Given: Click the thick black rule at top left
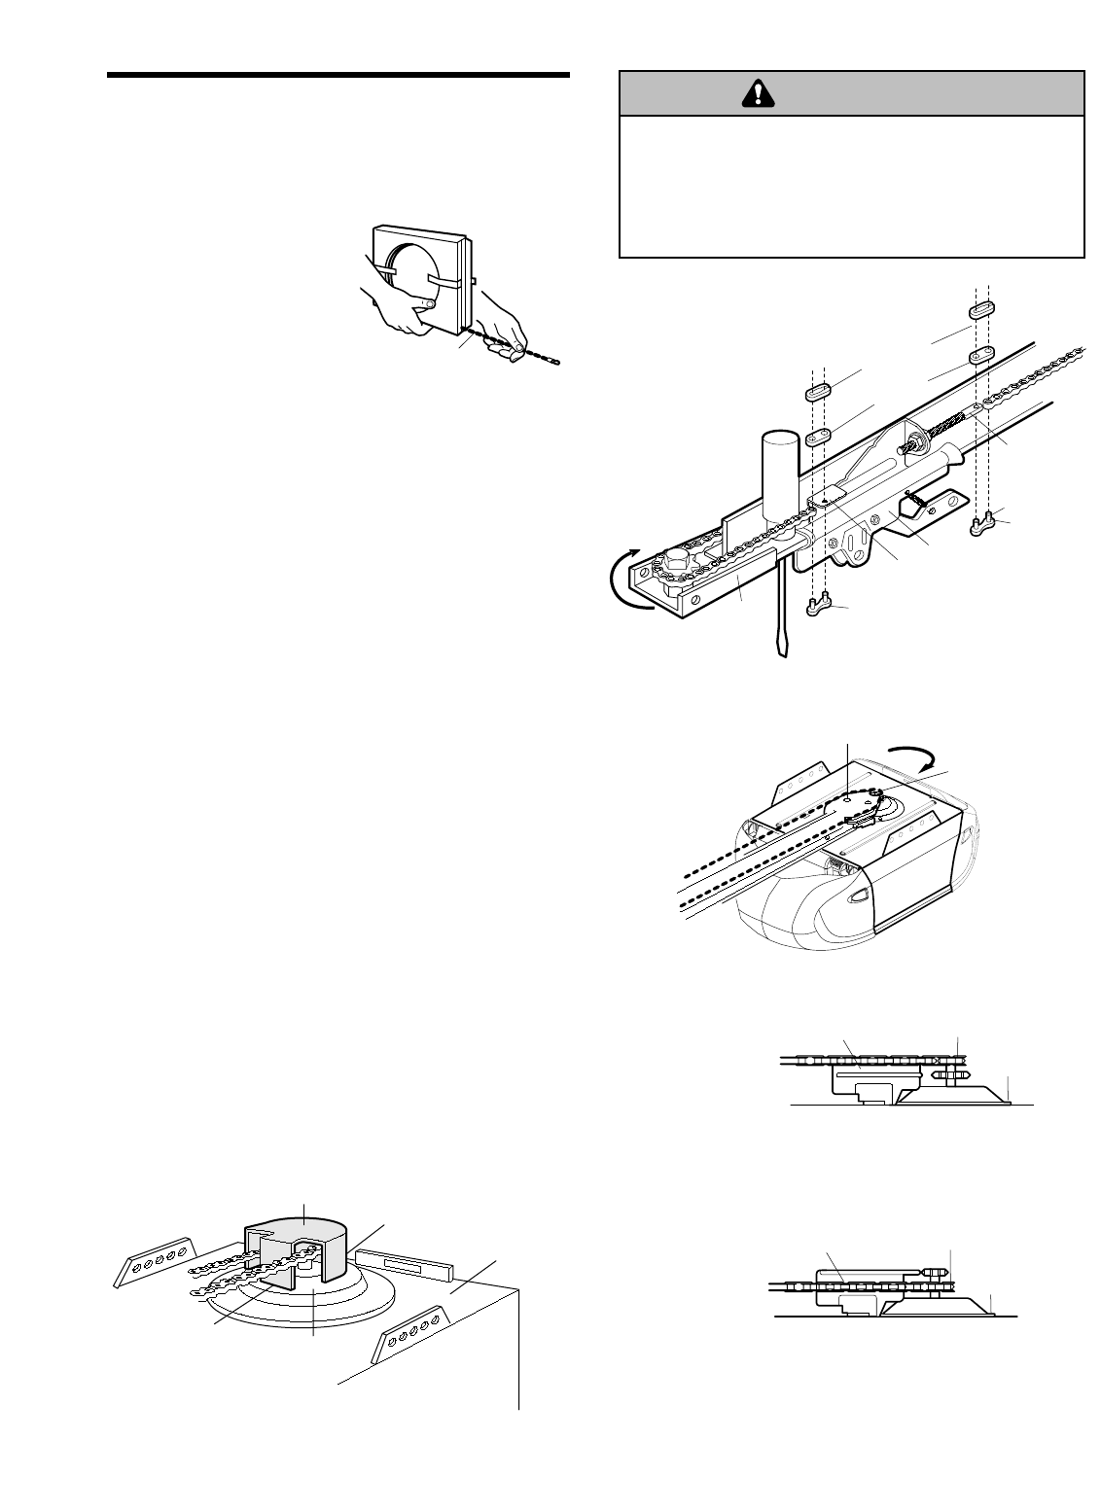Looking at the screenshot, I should coord(337,75).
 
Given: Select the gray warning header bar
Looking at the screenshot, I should coord(852,93).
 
